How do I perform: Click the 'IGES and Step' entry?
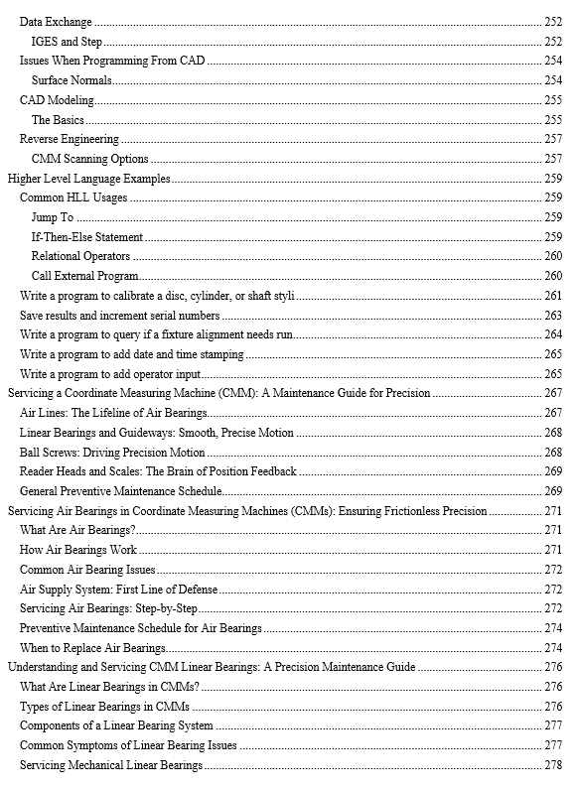click(x=68, y=42)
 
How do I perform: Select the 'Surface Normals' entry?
click(x=72, y=80)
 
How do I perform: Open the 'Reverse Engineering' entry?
click(x=70, y=139)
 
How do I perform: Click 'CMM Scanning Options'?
click(x=89, y=159)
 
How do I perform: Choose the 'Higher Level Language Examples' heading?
click(x=89, y=179)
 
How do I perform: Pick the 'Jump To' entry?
click(x=53, y=217)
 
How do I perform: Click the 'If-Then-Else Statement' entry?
click(x=87, y=237)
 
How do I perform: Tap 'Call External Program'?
click(x=84, y=276)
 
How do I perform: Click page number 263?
click(x=553, y=316)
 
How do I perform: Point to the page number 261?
click(x=553, y=296)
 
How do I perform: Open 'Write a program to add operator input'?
click(x=110, y=374)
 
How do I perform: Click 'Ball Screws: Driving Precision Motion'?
click(x=112, y=453)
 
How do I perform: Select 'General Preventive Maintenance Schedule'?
click(x=120, y=491)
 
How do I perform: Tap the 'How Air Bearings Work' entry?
click(x=78, y=550)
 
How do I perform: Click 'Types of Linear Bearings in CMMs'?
click(x=102, y=707)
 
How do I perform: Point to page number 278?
click(x=553, y=765)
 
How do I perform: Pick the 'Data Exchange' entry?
click(x=56, y=22)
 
